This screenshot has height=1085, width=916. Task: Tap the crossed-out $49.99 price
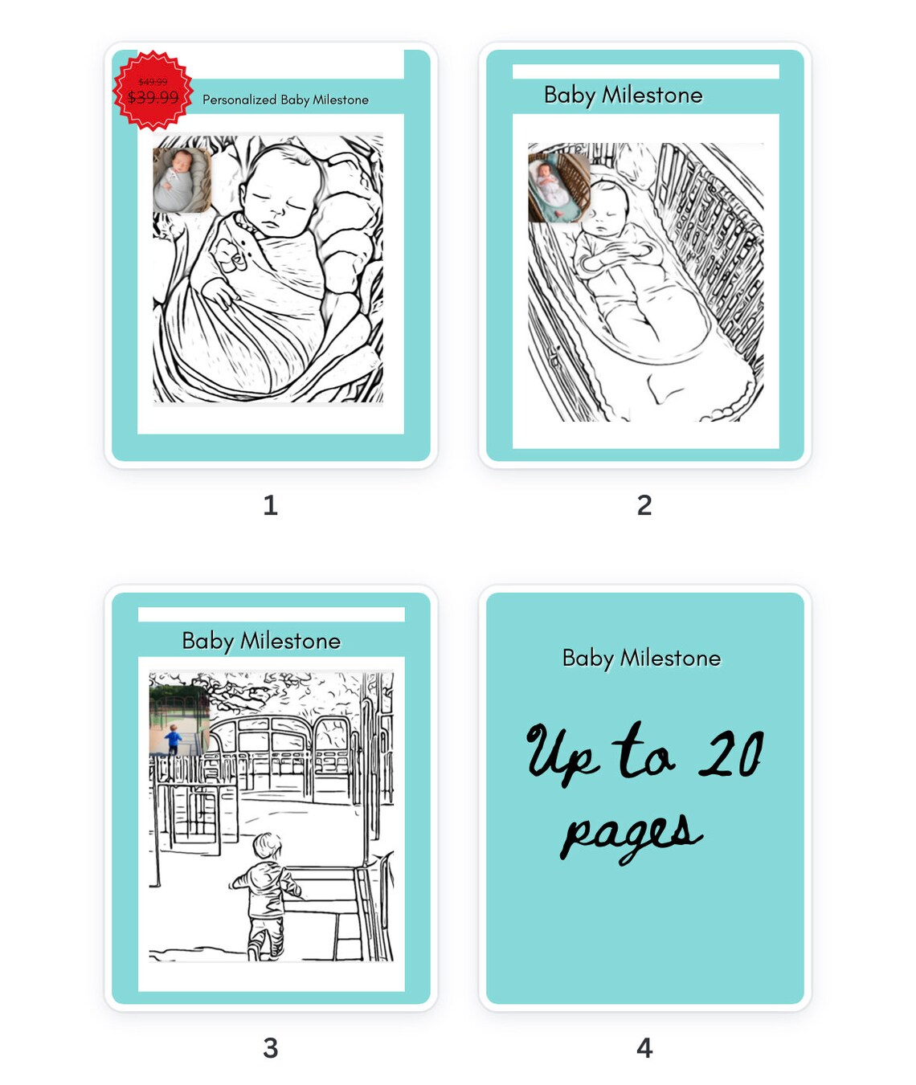pos(153,82)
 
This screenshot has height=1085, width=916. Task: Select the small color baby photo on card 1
pos(182,180)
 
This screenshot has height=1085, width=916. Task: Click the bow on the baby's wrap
pos(229,255)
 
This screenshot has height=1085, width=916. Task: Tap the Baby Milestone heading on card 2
pos(623,95)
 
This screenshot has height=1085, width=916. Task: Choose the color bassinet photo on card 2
pos(558,187)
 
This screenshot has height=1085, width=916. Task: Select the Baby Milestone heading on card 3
pos(261,641)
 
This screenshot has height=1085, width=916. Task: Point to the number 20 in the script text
pos(730,755)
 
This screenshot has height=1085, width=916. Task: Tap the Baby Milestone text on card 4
pos(641,658)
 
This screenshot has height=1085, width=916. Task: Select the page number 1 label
pos(270,505)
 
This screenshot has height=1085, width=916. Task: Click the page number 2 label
pos(644,505)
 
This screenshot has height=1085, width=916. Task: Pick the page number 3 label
pos(270,1047)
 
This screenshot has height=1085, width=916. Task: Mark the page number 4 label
pos(644,1047)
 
